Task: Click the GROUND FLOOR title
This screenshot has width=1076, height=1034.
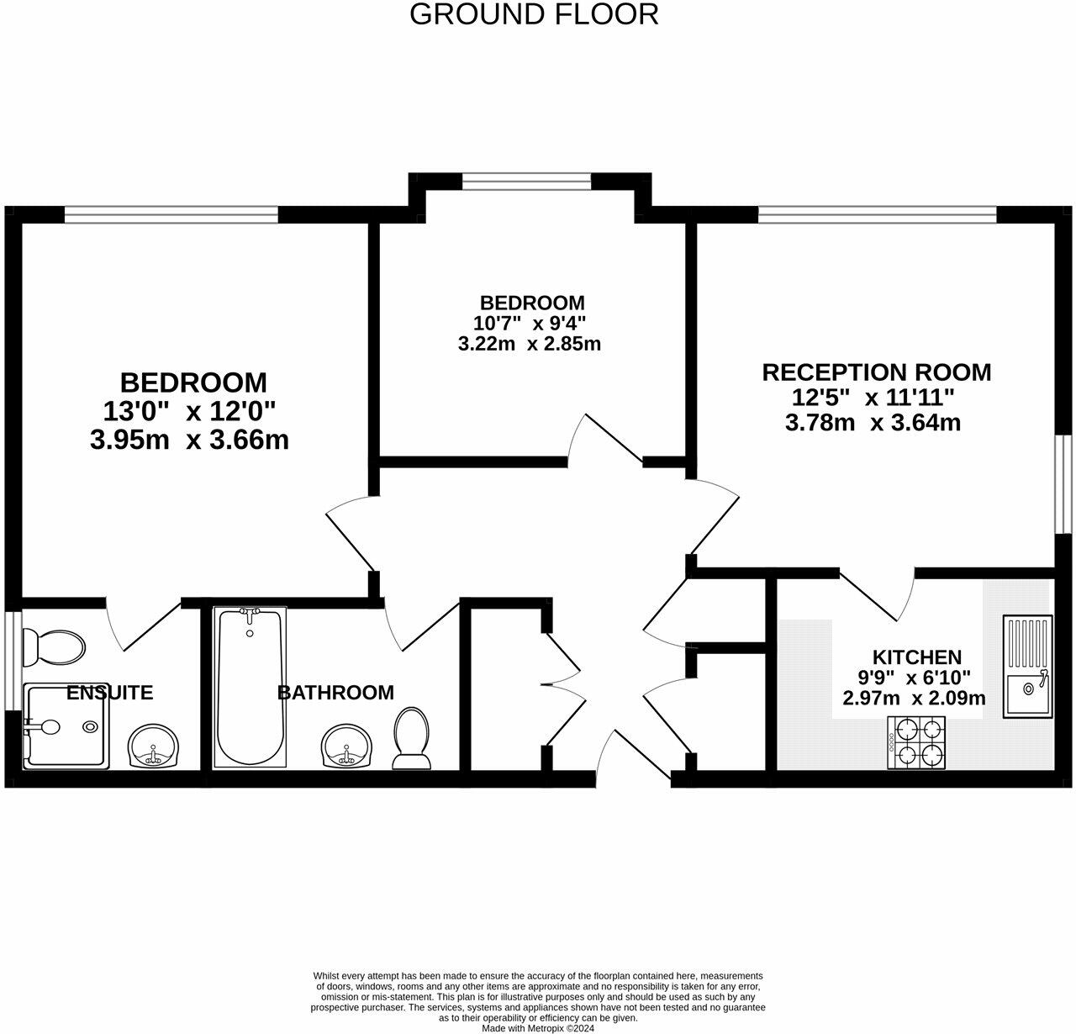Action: tap(534, 14)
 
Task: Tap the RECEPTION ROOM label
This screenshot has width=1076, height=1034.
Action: tap(876, 372)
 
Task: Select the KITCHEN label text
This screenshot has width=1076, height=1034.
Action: tap(916, 657)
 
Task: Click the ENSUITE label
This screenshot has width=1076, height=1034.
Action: tap(109, 693)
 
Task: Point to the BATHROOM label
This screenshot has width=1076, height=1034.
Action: tap(335, 693)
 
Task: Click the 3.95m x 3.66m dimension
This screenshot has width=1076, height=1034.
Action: tap(189, 439)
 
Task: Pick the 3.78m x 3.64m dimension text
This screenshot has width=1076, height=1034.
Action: tap(873, 422)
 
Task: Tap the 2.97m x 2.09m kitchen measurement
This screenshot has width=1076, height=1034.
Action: tap(914, 698)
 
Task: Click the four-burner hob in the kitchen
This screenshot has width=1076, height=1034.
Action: tap(917, 742)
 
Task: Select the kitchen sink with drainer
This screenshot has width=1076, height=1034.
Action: tap(1027, 667)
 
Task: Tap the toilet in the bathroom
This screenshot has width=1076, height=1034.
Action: tap(411, 737)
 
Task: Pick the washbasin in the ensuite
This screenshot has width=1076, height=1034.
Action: tap(155, 746)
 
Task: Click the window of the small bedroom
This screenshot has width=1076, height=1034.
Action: tap(526, 181)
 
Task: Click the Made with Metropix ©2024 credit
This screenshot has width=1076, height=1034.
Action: tap(538, 1027)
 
